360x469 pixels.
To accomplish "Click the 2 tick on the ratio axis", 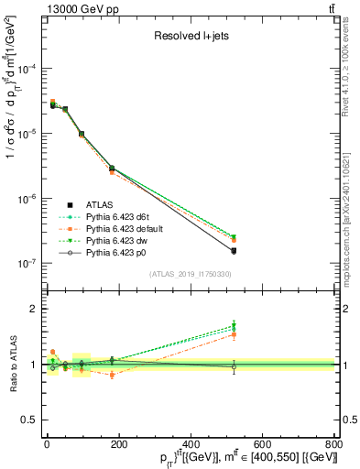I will coord(34,309).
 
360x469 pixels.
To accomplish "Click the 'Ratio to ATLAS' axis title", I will coord(11,364).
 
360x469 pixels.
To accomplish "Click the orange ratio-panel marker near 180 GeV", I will coord(112,375).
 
